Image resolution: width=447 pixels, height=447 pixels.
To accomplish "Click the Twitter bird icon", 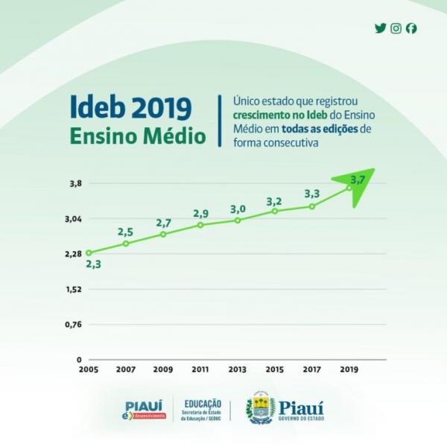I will pos(381,28).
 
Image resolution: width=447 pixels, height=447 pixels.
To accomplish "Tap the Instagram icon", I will pos(396,28).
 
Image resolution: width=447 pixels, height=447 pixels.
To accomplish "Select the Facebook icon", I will pos(411,28).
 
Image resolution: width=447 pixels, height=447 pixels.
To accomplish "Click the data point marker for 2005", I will pos(89,253).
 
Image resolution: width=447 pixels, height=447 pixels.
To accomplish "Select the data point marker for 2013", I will pos(238,221).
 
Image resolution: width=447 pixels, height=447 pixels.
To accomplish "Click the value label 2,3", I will pos(93,264).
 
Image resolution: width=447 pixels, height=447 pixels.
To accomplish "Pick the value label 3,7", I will pos(357,180).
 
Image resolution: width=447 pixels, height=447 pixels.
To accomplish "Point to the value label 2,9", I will pos(200,213).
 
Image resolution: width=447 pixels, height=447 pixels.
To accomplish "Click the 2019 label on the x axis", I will pos(349,369).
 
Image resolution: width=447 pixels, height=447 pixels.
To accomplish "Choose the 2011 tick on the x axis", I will pos(200,369).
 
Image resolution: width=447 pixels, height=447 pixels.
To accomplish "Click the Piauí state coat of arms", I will pos(261,408).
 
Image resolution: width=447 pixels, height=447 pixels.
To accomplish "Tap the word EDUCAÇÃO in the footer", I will pos(202,403).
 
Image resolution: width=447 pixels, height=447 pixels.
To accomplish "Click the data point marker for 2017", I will pos(312,206).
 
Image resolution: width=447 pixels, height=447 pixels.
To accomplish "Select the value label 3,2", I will pos(274,202).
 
